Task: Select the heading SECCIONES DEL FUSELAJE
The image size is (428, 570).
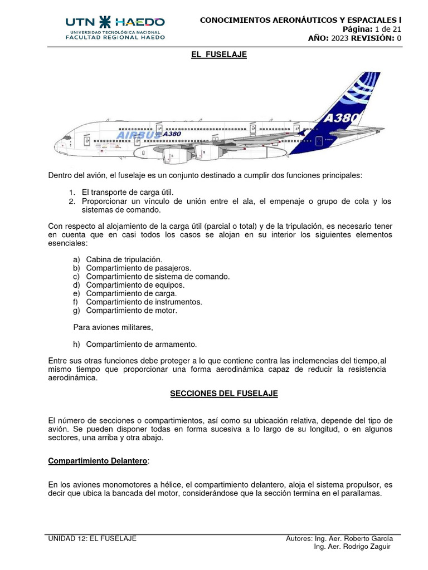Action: (223, 394)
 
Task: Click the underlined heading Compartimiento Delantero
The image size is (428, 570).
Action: (98, 461)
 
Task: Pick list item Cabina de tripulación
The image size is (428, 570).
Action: (124, 260)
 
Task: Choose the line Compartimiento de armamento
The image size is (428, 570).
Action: (142, 344)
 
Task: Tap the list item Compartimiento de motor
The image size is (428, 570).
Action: (132, 310)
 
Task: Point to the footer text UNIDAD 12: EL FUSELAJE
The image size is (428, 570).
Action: (93, 539)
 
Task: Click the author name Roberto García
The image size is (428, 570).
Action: (368, 539)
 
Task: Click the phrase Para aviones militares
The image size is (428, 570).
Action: (113, 327)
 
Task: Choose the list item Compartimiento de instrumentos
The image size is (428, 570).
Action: (144, 302)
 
